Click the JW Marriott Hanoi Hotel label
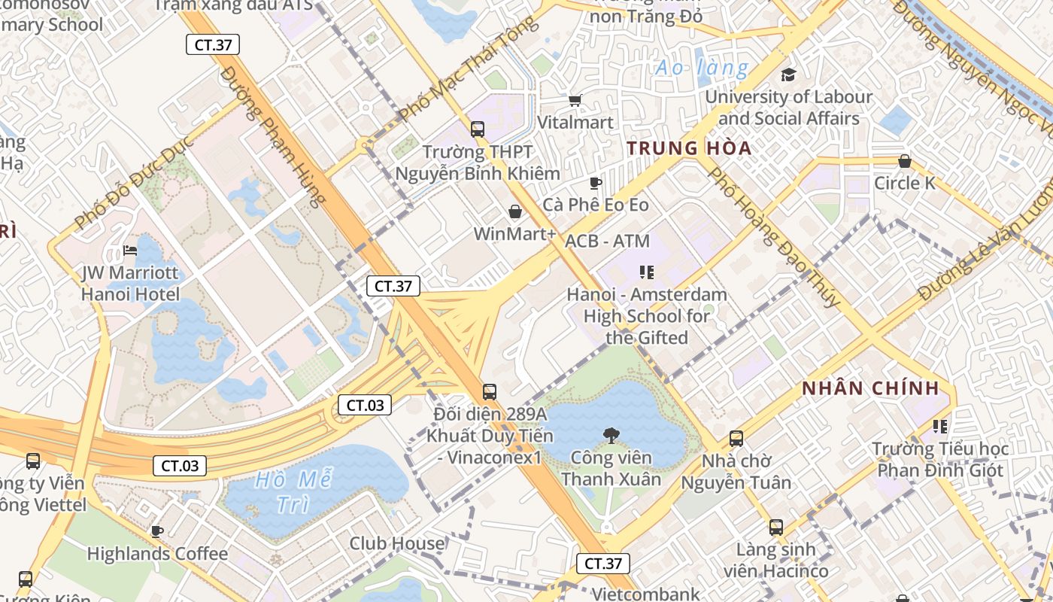coord(131,283)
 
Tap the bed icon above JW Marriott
coord(130,250)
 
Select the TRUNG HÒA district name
coord(689,148)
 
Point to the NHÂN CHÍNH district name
coord(870,388)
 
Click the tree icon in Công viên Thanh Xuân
coord(611,434)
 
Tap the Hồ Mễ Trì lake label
coord(293,491)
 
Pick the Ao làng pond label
coord(701,68)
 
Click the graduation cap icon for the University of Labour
coord(788,74)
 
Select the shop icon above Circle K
coord(904,161)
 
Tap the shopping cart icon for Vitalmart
coord(575,100)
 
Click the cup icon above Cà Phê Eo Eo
coord(596,183)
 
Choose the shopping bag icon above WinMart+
coord(515,211)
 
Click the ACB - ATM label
coord(607,241)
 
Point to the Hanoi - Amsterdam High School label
coord(647,316)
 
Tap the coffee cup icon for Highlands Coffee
coord(156,531)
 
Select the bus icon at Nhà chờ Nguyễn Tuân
coord(736,438)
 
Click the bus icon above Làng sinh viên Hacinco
coord(776,527)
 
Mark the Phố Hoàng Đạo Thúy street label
coord(774,237)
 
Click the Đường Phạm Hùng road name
coord(274,135)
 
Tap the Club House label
coord(397,543)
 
